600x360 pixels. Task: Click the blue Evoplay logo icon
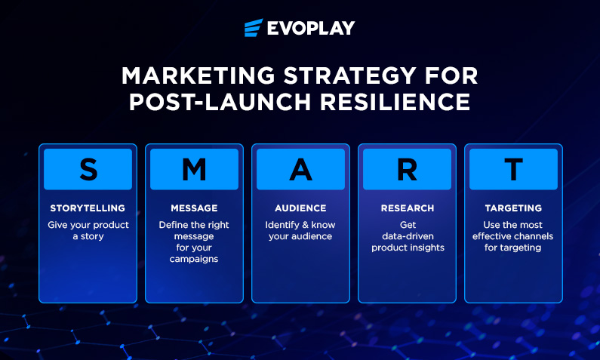254,27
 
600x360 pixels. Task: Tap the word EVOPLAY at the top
311,28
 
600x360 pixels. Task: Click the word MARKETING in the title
198,75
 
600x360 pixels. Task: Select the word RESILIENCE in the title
395,102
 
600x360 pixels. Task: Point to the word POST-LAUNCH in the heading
220,102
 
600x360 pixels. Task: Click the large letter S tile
88,169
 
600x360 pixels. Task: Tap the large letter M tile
195,169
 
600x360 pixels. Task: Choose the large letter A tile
301,169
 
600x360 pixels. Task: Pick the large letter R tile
407,169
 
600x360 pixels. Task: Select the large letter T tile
513,169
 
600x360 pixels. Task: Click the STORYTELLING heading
88,208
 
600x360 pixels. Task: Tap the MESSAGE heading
195,208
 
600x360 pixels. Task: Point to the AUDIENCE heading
301,208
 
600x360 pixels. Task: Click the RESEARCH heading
408,208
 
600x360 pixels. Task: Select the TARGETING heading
513,208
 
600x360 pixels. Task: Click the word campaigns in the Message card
194,259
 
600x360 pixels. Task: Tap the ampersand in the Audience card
306,225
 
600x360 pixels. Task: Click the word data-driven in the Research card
408,236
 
